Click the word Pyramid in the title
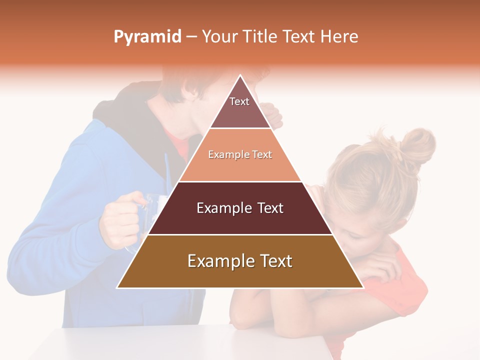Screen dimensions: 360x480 click(x=147, y=37)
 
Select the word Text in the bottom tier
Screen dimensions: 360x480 click(x=272, y=261)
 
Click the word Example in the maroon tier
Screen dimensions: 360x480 click(x=219, y=208)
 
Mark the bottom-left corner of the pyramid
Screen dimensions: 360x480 click(x=117, y=287)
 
